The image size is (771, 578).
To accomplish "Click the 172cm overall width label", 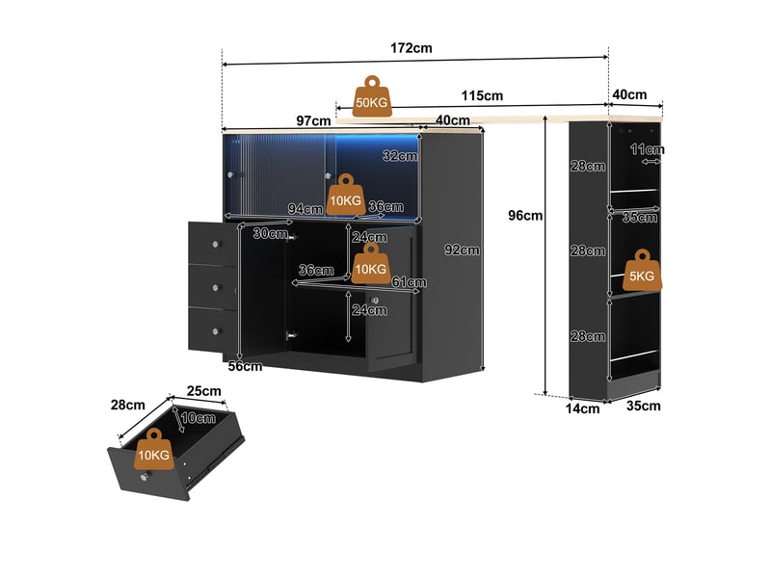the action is (x=412, y=48).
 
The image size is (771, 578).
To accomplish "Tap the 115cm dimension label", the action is (x=482, y=95).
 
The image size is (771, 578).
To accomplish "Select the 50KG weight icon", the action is (x=372, y=96).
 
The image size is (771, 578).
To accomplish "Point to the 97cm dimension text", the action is (x=313, y=120).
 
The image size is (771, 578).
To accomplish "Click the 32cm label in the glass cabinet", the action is (x=400, y=156).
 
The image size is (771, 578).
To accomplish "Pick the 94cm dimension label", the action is (x=306, y=209).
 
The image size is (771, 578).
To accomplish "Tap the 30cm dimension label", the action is (x=271, y=233).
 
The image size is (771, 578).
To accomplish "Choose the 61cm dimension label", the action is (x=409, y=282).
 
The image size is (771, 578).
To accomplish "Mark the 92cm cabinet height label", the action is (x=462, y=250).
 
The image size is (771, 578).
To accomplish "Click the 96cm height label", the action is (x=525, y=215).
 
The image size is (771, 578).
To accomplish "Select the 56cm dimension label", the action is (x=245, y=366).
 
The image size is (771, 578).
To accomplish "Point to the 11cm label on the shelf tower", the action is (x=647, y=149).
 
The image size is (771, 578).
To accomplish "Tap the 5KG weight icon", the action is (x=642, y=271).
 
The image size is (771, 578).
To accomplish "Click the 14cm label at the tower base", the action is (x=582, y=408).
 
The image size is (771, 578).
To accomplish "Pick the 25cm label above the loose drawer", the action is (x=203, y=391).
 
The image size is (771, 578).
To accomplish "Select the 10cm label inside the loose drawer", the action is (x=198, y=418).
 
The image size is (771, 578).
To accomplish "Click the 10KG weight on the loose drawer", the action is (x=154, y=449).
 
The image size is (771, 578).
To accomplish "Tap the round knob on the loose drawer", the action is (x=144, y=477).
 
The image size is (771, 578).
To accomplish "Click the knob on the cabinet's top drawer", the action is (x=215, y=244).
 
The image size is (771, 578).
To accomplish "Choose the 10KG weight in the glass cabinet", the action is (x=346, y=195).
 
